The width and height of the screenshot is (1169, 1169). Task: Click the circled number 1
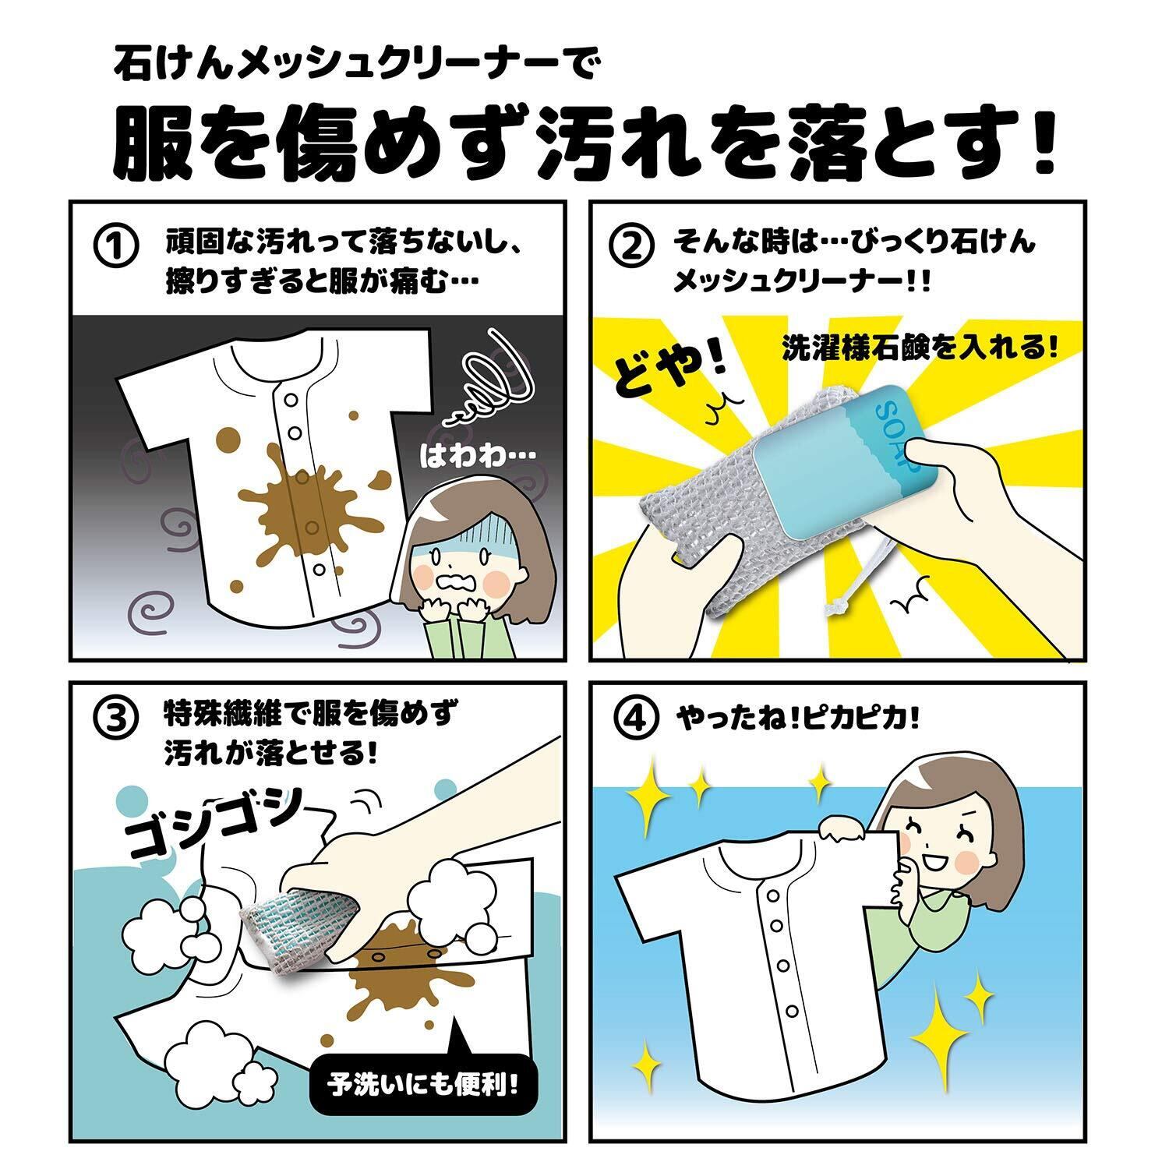tap(115, 247)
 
